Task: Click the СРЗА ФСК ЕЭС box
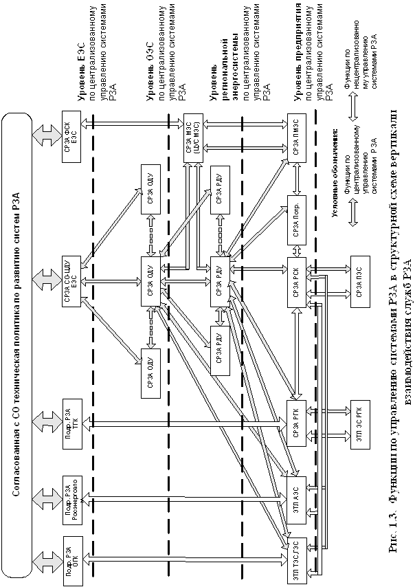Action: tap(71, 136)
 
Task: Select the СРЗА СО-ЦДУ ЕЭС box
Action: tap(71, 280)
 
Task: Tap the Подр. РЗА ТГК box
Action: tap(71, 423)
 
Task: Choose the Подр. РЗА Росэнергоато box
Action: tap(71, 499)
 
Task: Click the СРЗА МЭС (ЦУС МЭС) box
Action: tap(194, 137)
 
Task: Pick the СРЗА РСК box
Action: tap(297, 282)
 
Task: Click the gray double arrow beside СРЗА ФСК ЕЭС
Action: tap(47, 135)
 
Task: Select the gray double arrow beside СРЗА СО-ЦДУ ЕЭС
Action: tap(47, 280)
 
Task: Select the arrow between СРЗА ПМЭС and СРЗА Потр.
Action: tap(297, 179)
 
